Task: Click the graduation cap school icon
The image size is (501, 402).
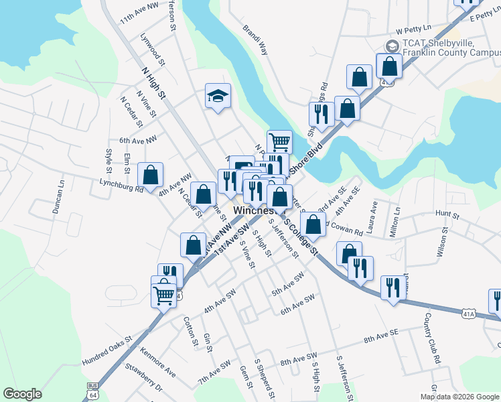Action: coord(218,96)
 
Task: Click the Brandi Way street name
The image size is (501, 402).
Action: coord(255,41)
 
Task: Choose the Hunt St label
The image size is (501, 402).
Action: coord(446,215)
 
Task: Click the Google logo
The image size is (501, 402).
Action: coord(22,394)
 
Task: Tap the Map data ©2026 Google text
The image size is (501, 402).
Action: coord(459,397)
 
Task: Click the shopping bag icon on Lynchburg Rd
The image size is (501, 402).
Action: coord(150,176)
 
